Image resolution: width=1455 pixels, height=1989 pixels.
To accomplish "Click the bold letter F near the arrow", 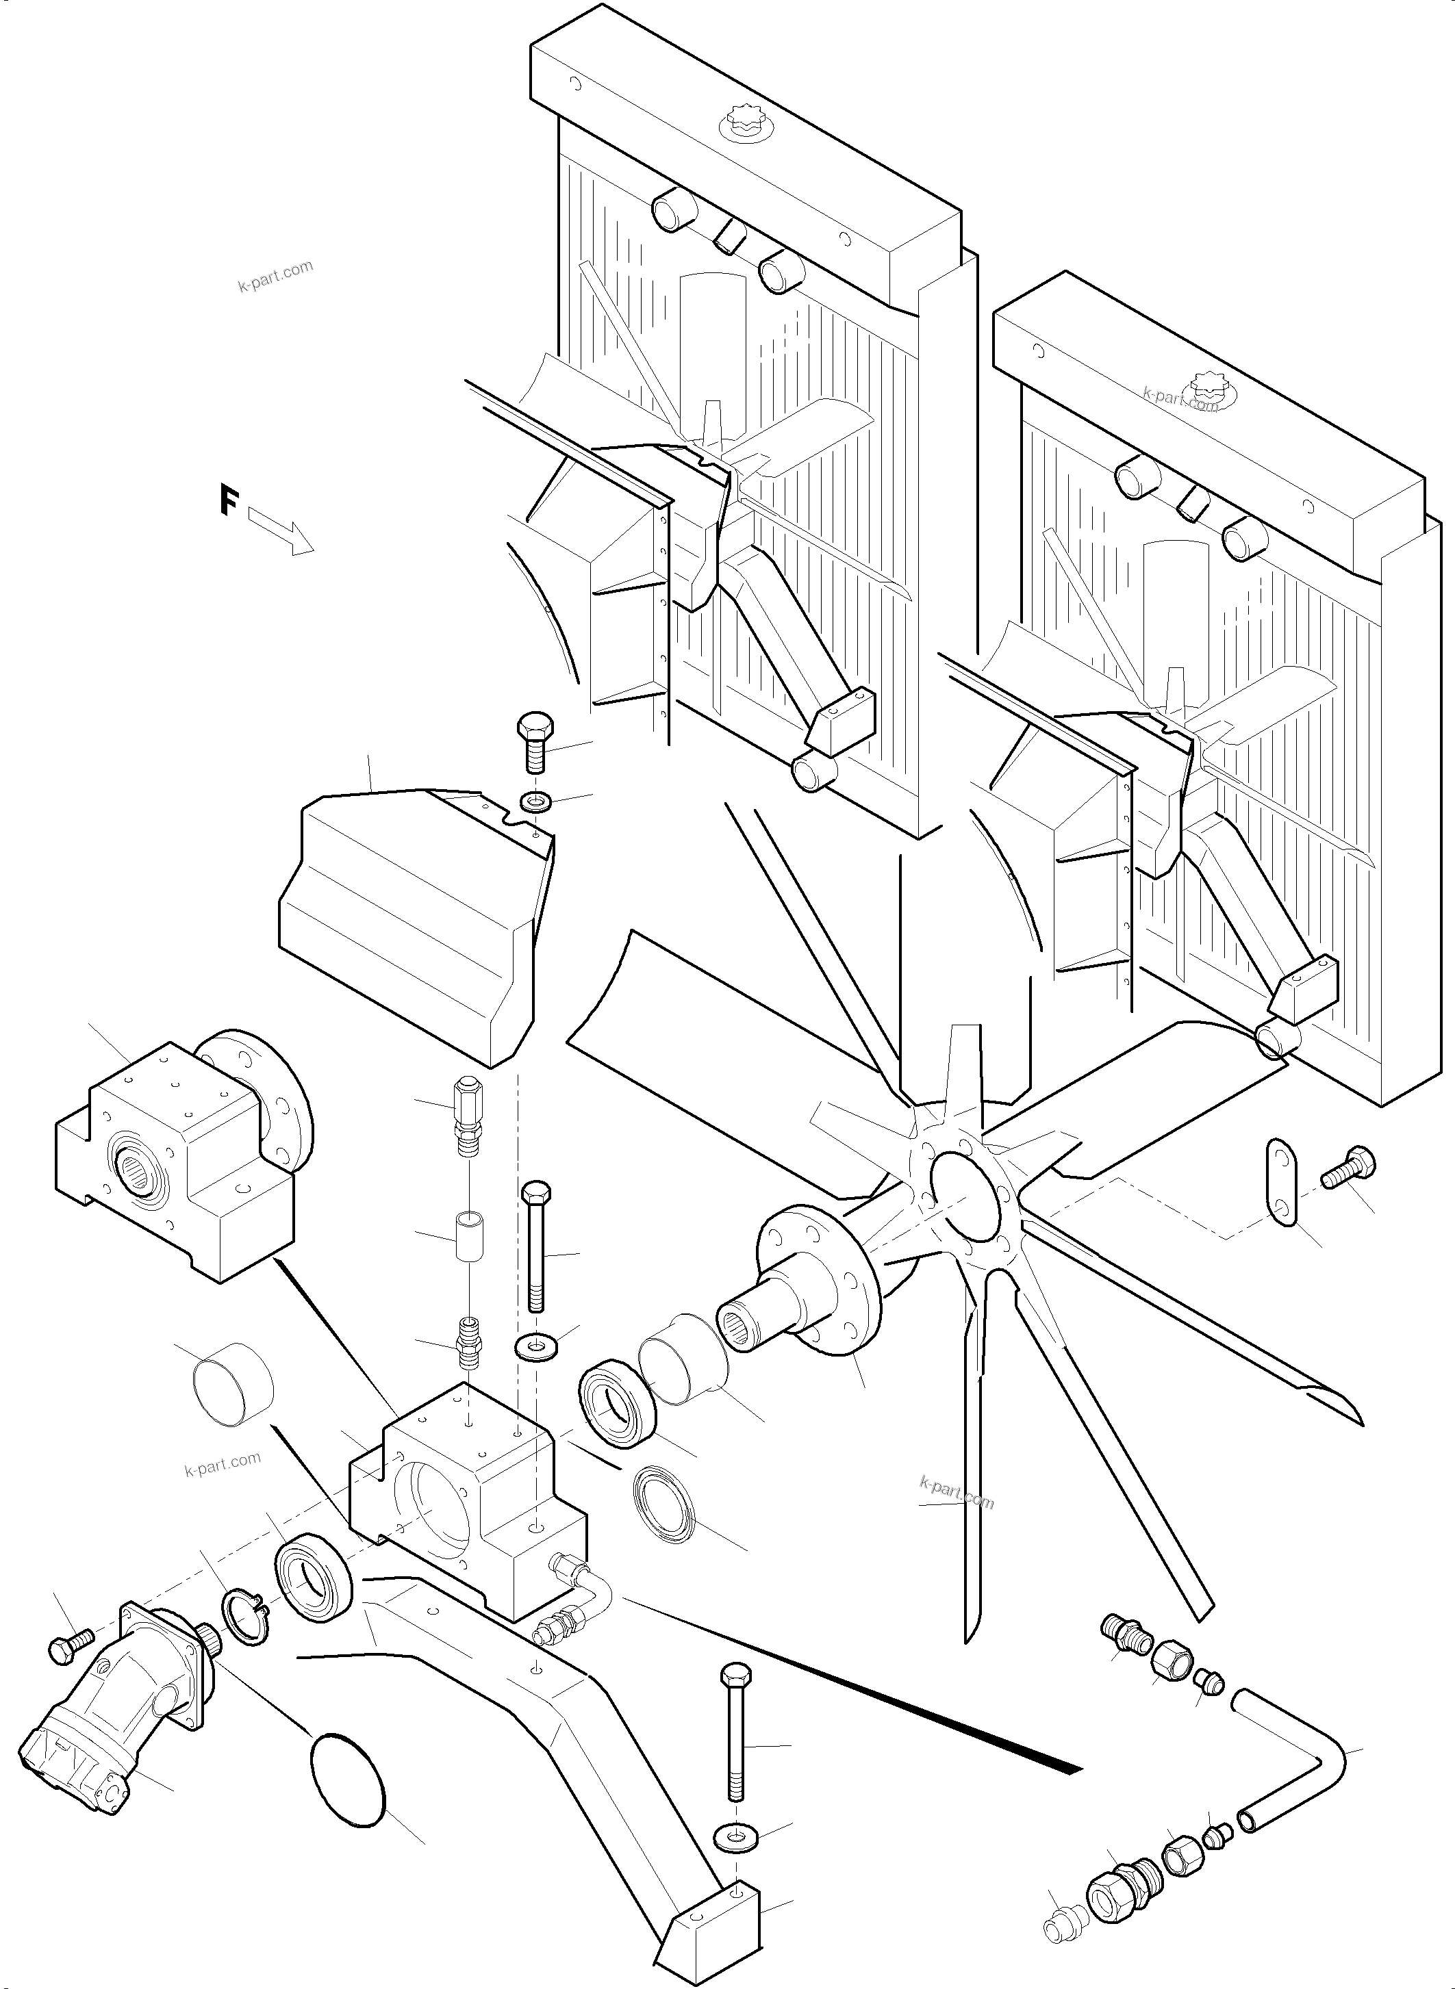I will click(229, 501).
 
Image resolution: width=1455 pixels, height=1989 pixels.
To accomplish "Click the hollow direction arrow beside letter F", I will click(281, 531).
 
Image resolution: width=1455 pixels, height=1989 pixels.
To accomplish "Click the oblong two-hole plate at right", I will click(1282, 1181).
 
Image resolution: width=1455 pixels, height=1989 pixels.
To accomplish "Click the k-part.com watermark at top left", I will click(275, 277).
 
